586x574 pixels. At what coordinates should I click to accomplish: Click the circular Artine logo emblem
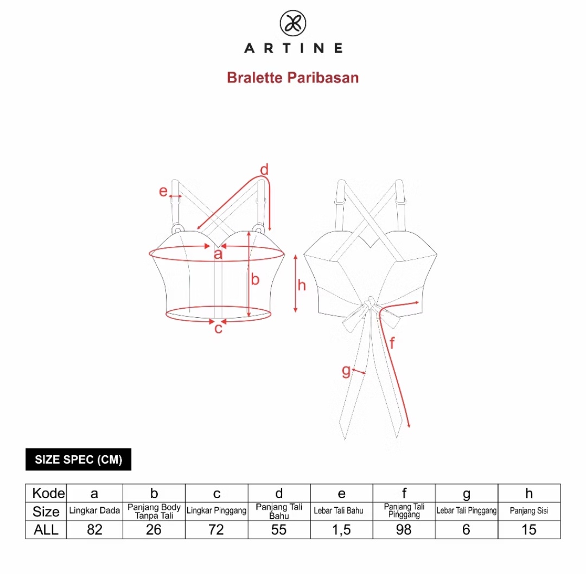[x=293, y=23]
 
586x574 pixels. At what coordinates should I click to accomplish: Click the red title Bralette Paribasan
[x=293, y=78]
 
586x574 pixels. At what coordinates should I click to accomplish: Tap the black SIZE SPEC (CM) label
[x=79, y=460]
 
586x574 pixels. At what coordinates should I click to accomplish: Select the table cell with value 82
[x=94, y=530]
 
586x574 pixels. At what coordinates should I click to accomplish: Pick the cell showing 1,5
[x=342, y=530]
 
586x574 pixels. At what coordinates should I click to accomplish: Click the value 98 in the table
[x=404, y=530]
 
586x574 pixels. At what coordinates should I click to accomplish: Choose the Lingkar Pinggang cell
[x=216, y=511]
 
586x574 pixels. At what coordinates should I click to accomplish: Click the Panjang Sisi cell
[x=529, y=511]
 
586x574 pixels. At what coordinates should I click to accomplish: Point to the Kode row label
[x=49, y=493]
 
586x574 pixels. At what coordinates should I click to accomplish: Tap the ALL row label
[x=46, y=530]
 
